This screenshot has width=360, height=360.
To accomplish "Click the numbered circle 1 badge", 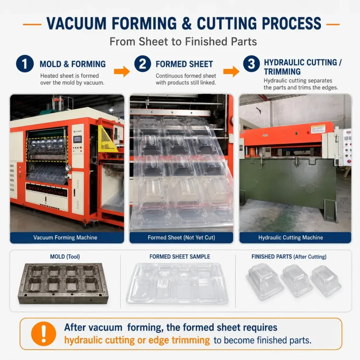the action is (x=25, y=64).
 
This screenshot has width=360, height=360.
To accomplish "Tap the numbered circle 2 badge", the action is (x=143, y=64).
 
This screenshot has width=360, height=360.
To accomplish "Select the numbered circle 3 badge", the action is (x=251, y=64).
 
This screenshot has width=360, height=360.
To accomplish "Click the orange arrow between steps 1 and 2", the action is (x=122, y=71).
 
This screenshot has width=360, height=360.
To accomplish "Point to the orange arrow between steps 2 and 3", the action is (x=231, y=71).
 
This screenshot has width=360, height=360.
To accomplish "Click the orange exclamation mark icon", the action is (x=44, y=334).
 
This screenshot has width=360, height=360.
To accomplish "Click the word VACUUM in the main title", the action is (x=76, y=24).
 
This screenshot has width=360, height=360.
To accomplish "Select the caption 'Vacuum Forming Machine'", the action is (x=65, y=237).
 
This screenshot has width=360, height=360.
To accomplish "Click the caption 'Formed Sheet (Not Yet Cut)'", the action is (x=181, y=237).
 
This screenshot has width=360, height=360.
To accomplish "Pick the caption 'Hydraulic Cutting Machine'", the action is (x=291, y=237).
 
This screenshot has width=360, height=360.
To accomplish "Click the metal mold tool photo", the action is (x=63, y=284).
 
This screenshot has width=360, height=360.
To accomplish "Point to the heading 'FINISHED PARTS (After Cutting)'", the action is (x=289, y=257).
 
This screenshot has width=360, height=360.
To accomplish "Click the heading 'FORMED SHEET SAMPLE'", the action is (x=180, y=257).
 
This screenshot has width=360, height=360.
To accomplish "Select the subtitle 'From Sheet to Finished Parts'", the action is (x=183, y=41).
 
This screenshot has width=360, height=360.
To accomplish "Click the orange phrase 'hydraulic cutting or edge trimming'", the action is (x=137, y=340).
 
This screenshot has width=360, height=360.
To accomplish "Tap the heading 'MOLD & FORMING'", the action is (x=72, y=64).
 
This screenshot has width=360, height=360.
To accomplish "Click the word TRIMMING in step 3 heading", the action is (x=282, y=72).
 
